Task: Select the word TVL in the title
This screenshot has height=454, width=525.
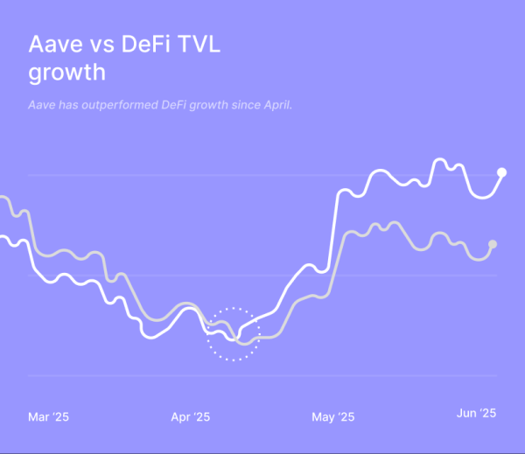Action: (x=200, y=45)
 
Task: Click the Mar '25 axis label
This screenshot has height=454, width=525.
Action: (x=48, y=416)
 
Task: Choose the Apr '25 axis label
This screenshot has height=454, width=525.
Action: (x=190, y=416)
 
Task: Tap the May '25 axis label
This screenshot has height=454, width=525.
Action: (x=333, y=416)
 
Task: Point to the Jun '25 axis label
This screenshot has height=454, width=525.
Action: (x=477, y=414)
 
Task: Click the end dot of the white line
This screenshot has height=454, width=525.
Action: (x=502, y=172)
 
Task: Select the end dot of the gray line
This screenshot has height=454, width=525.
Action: (x=493, y=244)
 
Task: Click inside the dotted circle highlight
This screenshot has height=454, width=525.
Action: (x=234, y=334)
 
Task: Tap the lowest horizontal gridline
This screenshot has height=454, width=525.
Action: (x=262, y=376)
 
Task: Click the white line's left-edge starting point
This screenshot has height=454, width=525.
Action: (x=3, y=237)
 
